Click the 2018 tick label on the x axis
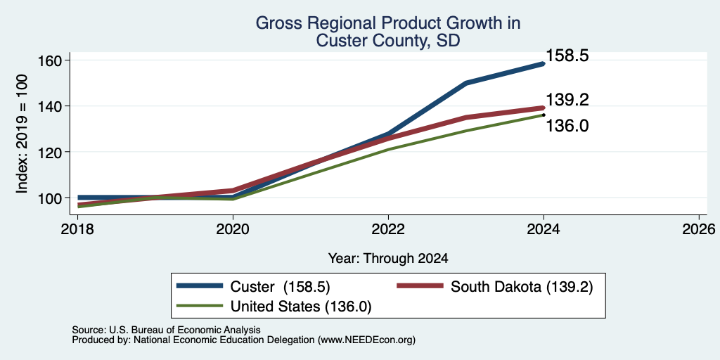pyautogui.click(x=78, y=229)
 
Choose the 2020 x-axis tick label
pyautogui.click(x=233, y=229)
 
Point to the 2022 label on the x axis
pyautogui.click(x=388, y=229)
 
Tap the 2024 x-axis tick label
pyautogui.click(x=544, y=229)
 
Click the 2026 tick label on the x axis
pyautogui.click(x=698, y=229)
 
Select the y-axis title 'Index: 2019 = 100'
pyautogui.click(x=22, y=134)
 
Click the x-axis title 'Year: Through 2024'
pyautogui.click(x=388, y=259)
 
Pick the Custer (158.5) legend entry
pyautogui.click(x=253, y=287)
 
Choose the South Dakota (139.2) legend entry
pyautogui.click(x=495, y=287)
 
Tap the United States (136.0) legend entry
pyautogui.click(x=274, y=307)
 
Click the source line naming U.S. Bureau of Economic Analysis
pyautogui.click(x=166, y=330)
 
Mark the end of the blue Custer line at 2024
pyautogui.click(x=544, y=64)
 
